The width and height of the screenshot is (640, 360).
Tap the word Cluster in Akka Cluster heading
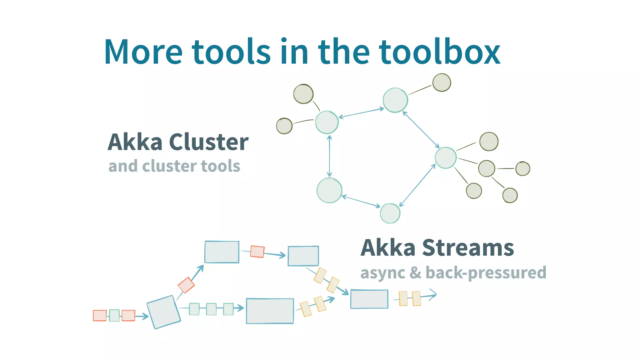click(x=209, y=142)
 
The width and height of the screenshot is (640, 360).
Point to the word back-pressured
click(x=486, y=273)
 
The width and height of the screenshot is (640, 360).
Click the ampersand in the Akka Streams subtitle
click(x=415, y=273)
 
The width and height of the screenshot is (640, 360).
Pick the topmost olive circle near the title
click(x=442, y=82)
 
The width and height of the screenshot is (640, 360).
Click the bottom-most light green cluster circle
click(x=390, y=213)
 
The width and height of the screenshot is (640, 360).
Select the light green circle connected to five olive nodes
click(x=446, y=158)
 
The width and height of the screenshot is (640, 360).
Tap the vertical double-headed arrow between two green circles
click(x=329, y=156)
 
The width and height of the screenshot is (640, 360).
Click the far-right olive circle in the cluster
click(x=522, y=169)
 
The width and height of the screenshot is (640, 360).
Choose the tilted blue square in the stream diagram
click(x=164, y=312)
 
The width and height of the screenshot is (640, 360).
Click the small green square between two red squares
click(x=114, y=315)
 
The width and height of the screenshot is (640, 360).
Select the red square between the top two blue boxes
click(x=257, y=252)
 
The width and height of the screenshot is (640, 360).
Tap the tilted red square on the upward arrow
click(x=186, y=285)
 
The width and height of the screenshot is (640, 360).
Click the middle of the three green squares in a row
click(x=211, y=309)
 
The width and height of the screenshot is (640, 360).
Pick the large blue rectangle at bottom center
click(x=270, y=311)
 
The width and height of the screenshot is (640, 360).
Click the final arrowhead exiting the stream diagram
click(x=433, y=294)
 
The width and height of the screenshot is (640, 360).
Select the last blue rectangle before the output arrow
click(x=369, y=299)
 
